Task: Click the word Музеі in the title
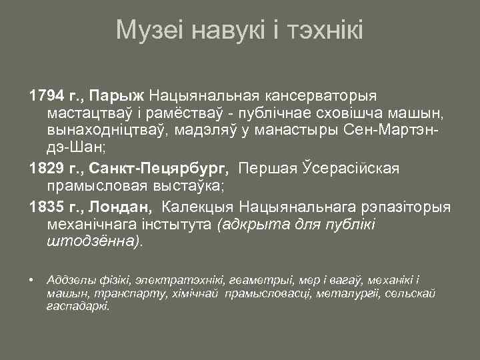point(150,30)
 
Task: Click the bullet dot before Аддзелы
point(32,277)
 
